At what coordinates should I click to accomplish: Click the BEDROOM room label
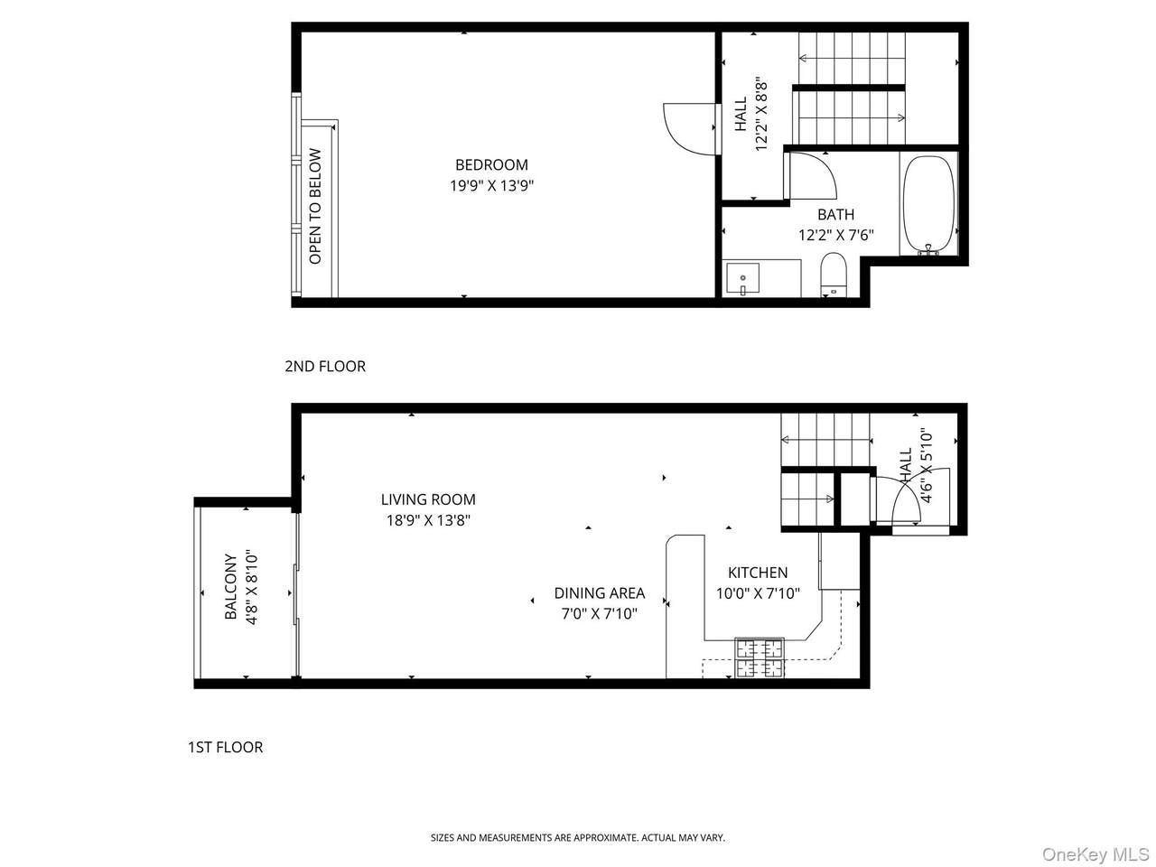tap(490, 164)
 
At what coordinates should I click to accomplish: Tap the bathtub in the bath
tap(928, 205)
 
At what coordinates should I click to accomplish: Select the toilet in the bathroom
tap(833, 275)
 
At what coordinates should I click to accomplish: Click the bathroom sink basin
tap(742, 278)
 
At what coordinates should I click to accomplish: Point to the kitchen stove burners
tap(759, 658)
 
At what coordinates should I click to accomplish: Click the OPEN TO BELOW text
tap(315, 206)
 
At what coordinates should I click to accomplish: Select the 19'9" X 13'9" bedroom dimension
tap(491, 186)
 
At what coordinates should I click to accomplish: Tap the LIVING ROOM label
tap(428, 499)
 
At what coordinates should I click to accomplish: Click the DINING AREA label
tap(600, 592)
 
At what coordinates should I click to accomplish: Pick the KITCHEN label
tap(758, 573)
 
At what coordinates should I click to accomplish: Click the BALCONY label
tap(230, 586)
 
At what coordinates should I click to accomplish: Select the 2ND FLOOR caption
tap(325, 367)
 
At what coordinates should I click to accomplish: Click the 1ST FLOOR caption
tap(226, 747)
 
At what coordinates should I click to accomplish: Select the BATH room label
tap(835, 214)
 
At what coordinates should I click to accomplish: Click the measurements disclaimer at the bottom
tap(578, 837)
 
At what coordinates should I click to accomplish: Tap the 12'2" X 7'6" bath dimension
tap(835, 235)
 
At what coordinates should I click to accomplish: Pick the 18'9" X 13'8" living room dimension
tap(428, 520)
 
